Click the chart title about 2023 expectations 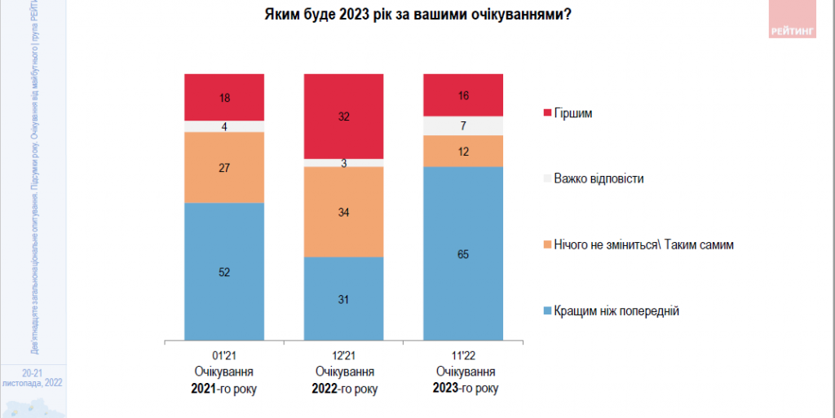click(x=417, y=16)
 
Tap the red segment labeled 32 click(x=343, y=116)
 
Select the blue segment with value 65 click(x=462, y=253)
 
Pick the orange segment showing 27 click(x=224, y=167)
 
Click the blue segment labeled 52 click(x=224, y=271)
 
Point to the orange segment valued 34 click(x=343, y=212)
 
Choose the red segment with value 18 click(x=224, y=97)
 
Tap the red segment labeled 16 click(x=462, y=95)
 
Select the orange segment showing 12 click(x=462, y=152)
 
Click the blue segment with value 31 click(x=343, y=298)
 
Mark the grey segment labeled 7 click(x=462, y=125)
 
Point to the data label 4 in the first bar click(x=224, y=126)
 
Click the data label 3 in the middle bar click(x=343, y=163)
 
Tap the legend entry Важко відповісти click(x=599, y=178)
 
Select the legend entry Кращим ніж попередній click(x=616, y=311)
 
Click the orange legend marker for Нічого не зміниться click(x=547, y=244)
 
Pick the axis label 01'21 click(x=223, y=356)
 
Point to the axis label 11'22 click(x=462, y=356)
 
